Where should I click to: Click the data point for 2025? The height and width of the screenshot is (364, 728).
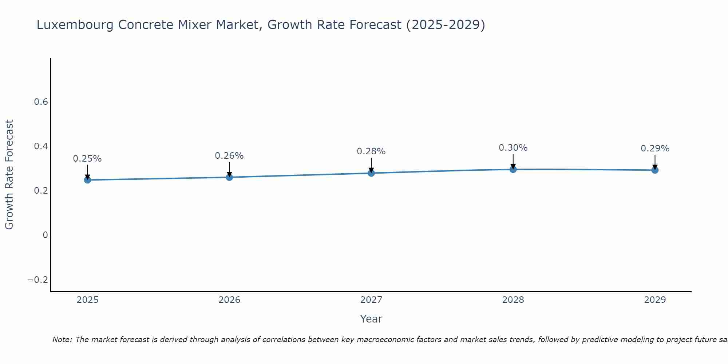[x=87, y=180]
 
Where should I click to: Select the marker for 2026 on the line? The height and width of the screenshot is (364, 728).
[x=229, y=177]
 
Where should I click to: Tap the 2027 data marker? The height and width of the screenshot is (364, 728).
[x=371, y=173]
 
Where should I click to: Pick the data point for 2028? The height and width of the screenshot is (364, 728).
[x=513, y=169]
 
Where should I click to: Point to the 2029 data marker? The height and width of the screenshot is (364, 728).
[x=655, y=170]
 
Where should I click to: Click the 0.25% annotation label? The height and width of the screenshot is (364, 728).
[x=87, y=159]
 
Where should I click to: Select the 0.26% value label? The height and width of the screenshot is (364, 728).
[x=229, y=156]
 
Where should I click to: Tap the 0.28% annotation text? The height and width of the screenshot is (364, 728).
[x=371, y=151]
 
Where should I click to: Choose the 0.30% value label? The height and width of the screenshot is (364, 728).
[x=513, y=148]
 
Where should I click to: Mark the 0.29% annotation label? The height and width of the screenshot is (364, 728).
[x=655, y=149]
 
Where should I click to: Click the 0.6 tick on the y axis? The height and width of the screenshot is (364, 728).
[x=41, y=102]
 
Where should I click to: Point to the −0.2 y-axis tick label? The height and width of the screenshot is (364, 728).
[x=38, y=280]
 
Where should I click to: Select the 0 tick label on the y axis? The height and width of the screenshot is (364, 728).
[x=45, y=235]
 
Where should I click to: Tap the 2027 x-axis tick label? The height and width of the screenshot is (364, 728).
[x=371, y=300]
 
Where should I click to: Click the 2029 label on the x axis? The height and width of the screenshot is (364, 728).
[x=655, y=300]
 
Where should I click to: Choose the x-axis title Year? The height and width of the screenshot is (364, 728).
[x=371, y=319]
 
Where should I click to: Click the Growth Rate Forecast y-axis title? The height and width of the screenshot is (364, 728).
[x=9, y=175]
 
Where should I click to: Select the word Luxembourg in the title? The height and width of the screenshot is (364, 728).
[x=75, y=25]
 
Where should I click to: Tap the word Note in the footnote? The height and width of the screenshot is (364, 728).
[x=62, y=340]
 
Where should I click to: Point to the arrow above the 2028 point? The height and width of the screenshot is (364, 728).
[x=513, y=161]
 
